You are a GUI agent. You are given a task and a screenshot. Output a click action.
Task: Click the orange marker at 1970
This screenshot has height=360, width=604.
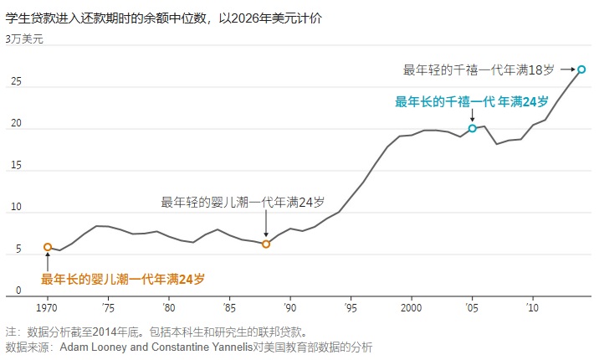point(48,247)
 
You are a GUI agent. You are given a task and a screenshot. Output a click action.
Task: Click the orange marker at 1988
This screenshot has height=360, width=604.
point(266,244)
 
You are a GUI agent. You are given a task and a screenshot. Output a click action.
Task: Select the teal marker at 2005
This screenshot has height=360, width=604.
point(473,128)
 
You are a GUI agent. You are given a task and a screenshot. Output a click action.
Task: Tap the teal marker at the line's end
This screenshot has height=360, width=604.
point(581,69)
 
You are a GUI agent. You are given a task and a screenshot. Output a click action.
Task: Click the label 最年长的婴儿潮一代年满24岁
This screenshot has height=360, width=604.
point(123,278)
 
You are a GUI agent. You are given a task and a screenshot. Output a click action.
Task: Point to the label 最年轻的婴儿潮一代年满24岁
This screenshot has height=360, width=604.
point(243,202)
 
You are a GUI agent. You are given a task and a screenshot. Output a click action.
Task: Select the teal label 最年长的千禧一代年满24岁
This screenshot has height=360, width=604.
point(472,101)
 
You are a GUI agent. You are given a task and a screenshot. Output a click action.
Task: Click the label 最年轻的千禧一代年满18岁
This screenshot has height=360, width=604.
point(479,69)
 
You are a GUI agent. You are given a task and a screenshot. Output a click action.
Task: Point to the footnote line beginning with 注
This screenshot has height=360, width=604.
point(156,332)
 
